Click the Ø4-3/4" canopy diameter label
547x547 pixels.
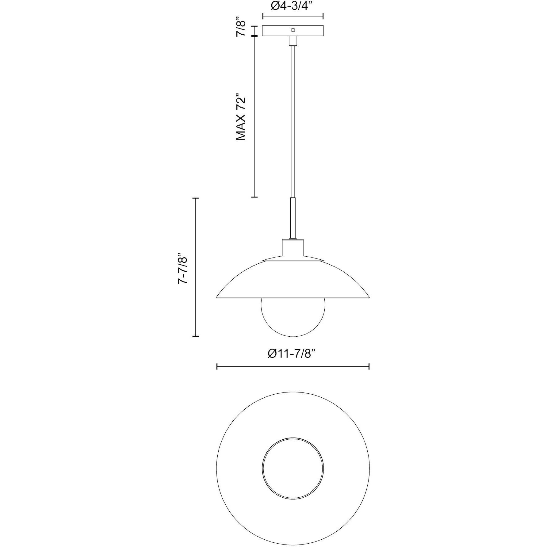point(293,6)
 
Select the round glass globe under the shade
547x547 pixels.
point(293,319)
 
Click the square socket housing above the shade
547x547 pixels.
point(293,249)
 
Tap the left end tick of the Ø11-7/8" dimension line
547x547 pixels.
point(217,366)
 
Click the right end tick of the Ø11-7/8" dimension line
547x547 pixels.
point(369,366)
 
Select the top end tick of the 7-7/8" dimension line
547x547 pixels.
point(196,199)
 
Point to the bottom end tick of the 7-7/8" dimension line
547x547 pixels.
point(196,336)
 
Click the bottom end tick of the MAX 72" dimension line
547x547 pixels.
point(254,197)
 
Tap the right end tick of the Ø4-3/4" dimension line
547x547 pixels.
point(323,16)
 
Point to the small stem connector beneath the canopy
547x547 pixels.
point(293,41)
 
